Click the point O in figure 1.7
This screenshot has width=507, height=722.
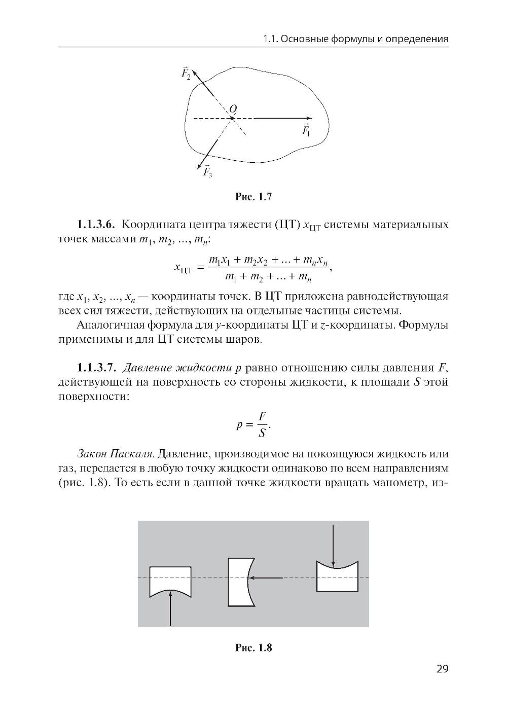tap(232, 118)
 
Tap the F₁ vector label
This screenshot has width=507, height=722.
tap(306, 130)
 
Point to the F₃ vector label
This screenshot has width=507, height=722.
tap(208, 172)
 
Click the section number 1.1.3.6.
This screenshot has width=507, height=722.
tap(97, 224)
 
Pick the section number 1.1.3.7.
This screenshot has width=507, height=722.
tap(97, 367)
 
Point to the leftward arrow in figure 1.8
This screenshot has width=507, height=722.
tap(267, 577)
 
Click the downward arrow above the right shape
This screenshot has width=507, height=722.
tap(333, 545)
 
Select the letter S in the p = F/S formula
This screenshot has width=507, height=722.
tap(262, 432)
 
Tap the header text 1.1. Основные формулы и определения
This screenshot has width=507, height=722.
tap(356, 39)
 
